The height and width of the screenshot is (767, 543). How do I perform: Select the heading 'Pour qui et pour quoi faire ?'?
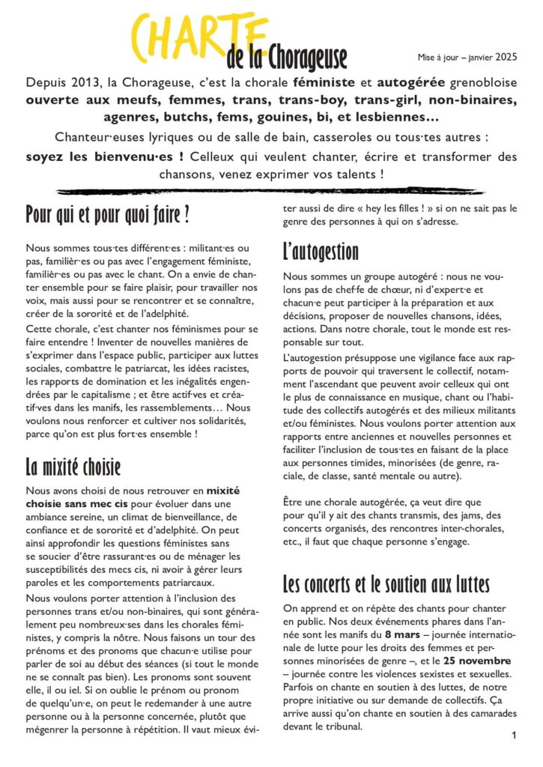(107, 216)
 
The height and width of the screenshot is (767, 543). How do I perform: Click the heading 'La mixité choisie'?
(73, 467)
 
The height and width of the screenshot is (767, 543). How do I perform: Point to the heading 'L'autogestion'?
(321, 250)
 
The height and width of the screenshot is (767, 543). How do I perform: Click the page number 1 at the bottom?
(515, 736)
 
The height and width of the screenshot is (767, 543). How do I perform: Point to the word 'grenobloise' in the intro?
(479, 82)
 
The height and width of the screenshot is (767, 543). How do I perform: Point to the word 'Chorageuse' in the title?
(306, 58)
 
